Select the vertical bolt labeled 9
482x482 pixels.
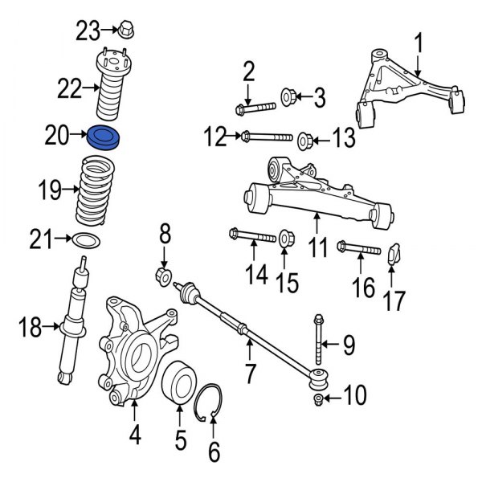pyautogui.click(x=320, y=333)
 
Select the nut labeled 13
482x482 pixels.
pyautogui.click(x=304, y=140)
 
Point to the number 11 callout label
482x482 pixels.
pyautogui.click(x=319, y=247)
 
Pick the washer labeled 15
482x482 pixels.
pyautogui.click(x=285, y=238)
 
